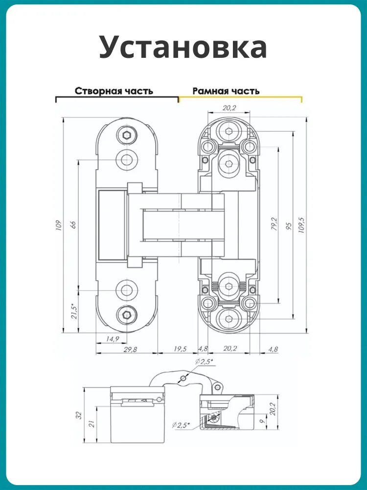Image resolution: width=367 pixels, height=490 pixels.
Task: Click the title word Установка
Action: [x=183, y=47]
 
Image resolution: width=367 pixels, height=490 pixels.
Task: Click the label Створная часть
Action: [x=114, y=91]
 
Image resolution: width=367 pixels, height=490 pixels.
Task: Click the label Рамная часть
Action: [x=226, y=91]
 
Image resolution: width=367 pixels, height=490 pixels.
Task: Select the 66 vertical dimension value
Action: [x=74, y=225]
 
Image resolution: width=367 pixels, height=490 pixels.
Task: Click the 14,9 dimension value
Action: [x=113, y=339]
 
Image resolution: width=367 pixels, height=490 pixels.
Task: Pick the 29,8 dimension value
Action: [x=130, y=349]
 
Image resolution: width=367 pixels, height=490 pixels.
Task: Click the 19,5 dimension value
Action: [x=180, y=349]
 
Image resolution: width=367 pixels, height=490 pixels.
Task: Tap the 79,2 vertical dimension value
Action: [x=274, y=224]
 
